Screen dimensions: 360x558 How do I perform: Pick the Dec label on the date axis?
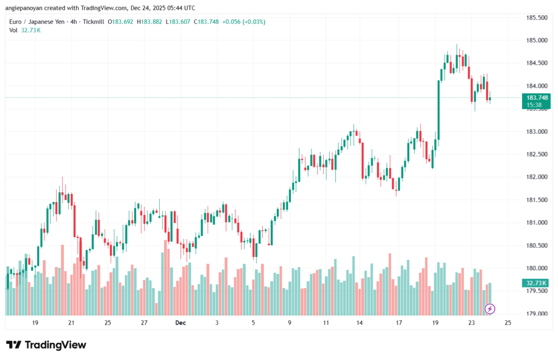(181, 323)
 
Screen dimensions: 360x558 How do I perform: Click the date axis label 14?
(360, 323)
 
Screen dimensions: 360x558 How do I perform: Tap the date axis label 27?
(144, 323)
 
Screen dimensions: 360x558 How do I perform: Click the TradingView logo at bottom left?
(46, 345)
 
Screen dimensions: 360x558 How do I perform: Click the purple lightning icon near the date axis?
(490, 309)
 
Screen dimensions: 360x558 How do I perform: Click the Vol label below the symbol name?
(14, 30)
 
